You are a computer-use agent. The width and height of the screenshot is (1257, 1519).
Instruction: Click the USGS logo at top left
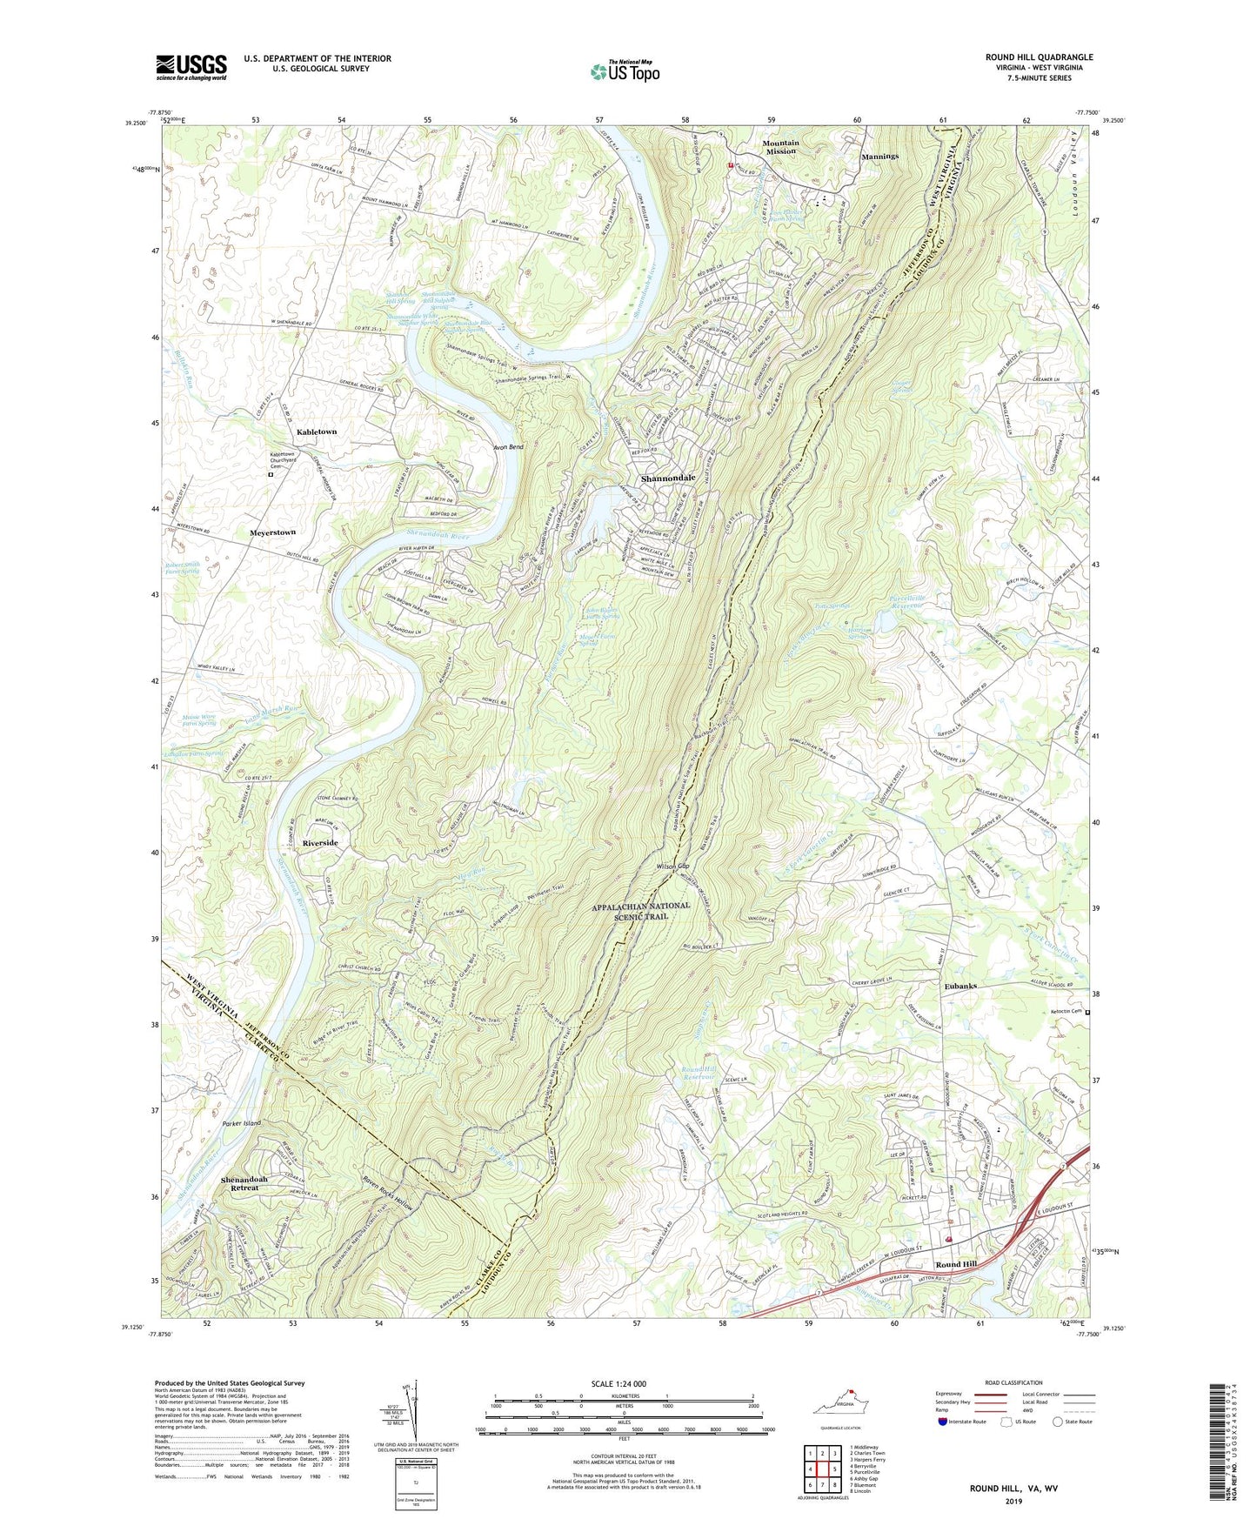(191, 67)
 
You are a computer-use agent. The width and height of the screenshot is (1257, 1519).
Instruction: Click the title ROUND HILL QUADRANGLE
(1039, 57)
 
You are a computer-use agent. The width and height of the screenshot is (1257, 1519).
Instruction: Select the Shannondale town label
(668, 478)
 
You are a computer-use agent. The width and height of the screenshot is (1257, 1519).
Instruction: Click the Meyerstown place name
(272, 532)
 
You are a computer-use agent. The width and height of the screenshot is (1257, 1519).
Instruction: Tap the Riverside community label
(319, 843)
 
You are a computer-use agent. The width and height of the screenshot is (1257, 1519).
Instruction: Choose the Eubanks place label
(960, 986)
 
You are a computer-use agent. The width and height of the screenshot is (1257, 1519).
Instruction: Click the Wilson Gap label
(672, 867)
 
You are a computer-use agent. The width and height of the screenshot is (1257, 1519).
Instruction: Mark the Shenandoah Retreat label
(244, 1183)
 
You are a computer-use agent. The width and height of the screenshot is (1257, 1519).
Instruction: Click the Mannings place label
(879, 157)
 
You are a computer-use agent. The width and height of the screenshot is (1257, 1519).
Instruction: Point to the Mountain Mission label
(780, 147)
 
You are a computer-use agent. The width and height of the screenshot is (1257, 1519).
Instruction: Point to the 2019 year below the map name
(1013, 1501)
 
